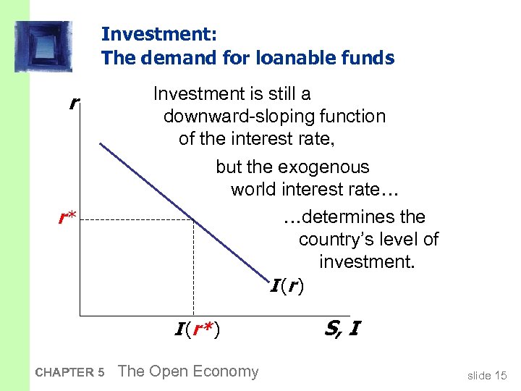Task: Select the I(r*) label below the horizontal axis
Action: click(x=197, y=330)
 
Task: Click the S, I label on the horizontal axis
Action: click(x=342, y=329)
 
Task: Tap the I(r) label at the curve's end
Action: click(x=287, y=287)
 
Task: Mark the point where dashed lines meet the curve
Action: click(x=193, y=219)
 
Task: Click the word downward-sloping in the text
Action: click(x=274, y=117)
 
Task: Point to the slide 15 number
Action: click(x=487, y=374)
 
